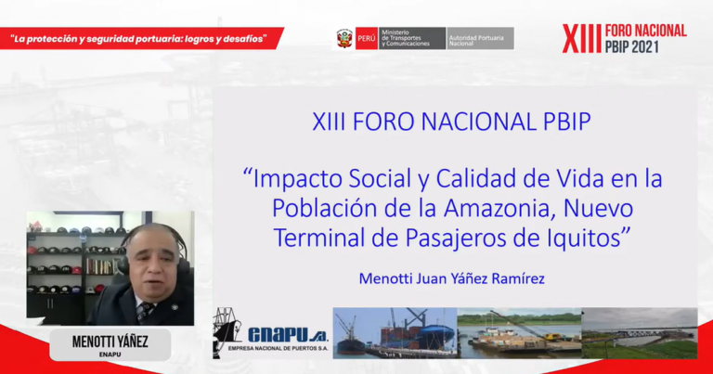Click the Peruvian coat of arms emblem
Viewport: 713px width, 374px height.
[x=344, y=38]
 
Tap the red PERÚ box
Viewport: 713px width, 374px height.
[x=367, y=39]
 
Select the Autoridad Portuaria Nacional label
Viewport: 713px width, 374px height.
[x=481, y=39]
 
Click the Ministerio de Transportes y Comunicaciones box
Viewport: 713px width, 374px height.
[x=412, y=39]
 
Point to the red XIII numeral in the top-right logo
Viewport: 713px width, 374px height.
[x=582, y=39]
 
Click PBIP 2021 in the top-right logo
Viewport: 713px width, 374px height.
[x=632, y=45]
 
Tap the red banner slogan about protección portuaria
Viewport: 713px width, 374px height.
[x=138, y=39]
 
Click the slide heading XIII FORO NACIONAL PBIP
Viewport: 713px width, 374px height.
[x=451, y=122]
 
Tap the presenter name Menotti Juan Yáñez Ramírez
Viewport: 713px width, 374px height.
[x=451, y=278]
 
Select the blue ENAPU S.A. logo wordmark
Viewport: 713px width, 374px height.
[x=288, y=335]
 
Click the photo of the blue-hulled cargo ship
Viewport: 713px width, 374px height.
[x=395, y=333]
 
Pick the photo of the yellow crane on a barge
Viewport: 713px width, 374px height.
[x=519, y=333]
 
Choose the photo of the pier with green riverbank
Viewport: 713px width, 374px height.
[x=640, y=333]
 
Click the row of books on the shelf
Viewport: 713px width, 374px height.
[x=99, y=266]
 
